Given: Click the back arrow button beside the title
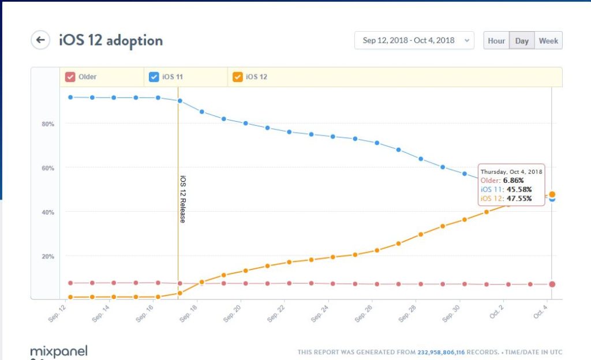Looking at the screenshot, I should click(x=40, y=40).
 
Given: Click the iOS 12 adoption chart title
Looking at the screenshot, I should click(x=110, y=40).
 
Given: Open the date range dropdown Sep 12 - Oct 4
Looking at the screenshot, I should click(x=414, y=40).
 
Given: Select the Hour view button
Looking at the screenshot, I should click(x=496, y=41).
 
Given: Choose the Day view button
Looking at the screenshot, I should click(x=522, y=41).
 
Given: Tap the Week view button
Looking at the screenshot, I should click(x=548, y=41).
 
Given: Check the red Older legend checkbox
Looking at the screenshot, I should click(x=70, y=77).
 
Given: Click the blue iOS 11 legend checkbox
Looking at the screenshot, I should click(x=154, y=77).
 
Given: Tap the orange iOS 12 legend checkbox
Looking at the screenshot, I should click(x=237, y=77).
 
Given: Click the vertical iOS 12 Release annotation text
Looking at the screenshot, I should click(x=183, y=199).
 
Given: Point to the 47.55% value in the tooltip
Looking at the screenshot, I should click(x=518, y=199).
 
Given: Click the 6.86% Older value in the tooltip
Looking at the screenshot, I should click(x=513, y=181).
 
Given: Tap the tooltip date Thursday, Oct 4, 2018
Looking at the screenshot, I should click(x=511, y=172).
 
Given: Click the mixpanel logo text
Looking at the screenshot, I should click(x=59, y=350).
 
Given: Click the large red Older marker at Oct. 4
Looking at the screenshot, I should click(x=552, y=284).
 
